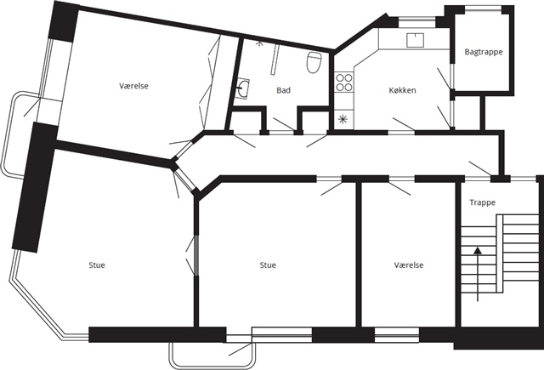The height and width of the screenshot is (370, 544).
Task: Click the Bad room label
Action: click(283, 90)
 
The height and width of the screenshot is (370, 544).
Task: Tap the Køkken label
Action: click(402, 90)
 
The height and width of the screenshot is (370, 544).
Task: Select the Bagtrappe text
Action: click(484, 52)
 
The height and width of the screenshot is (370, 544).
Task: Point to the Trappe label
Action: click(482, 202)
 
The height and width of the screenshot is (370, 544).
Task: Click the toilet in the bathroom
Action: click(314, 62)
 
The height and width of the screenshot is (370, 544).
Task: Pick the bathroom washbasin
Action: click(242, 88)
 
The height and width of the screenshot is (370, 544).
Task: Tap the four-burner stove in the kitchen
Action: click(343, 83)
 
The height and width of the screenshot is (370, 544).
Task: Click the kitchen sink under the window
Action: click(415, 40)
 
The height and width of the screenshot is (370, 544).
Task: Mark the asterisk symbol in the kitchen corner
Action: click(343, 119)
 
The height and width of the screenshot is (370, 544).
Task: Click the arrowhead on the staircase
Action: click(478, 251)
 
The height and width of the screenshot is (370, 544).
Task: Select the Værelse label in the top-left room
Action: click(134, 86)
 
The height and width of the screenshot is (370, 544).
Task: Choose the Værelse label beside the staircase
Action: click(409, 265)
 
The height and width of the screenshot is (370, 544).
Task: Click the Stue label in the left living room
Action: click(97, 265)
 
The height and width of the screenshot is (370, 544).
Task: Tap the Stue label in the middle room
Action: click(268, 265)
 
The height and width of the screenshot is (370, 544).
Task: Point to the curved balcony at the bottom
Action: click(212, 366)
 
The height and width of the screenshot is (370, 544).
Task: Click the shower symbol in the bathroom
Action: click(258, 43)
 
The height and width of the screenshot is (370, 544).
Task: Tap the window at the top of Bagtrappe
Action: click(483, 9)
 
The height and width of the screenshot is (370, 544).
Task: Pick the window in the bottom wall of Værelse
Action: click(397, 335)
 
